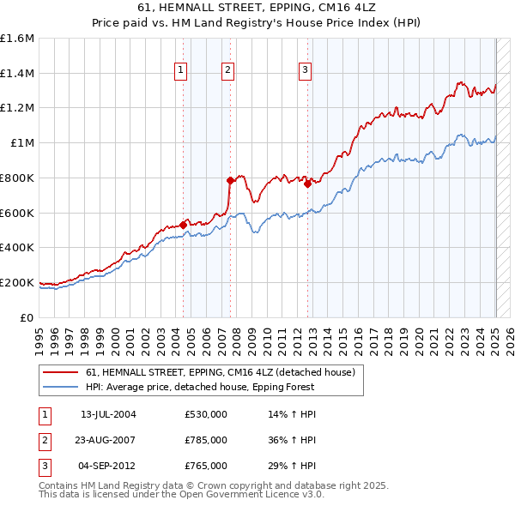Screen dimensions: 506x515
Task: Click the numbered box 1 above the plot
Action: coord(182,71)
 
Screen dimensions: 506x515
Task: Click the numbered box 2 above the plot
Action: coord(228,71)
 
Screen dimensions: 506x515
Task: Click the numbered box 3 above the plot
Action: coord(306,71)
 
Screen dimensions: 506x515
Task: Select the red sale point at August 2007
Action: coord(230,180)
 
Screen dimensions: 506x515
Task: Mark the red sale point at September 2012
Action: coord(307,184)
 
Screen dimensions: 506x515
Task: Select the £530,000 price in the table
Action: coord(206,414)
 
